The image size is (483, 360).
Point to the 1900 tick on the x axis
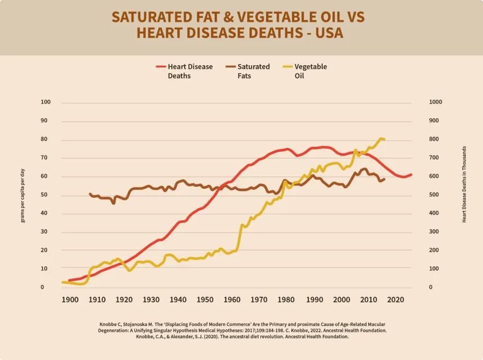tap(70, 299)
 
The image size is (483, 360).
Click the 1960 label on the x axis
tap(232, 299)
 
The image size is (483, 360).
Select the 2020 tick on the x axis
tap(394, 299)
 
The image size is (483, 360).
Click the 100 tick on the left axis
tap(45, 103)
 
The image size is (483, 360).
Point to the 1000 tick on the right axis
tap(421, 103)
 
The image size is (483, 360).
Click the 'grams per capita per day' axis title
tap(23, 195)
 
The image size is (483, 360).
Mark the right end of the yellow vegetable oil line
tap(384, 139)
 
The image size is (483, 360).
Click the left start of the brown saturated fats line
tap(90, 194)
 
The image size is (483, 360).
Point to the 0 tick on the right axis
tap(416, 288)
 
